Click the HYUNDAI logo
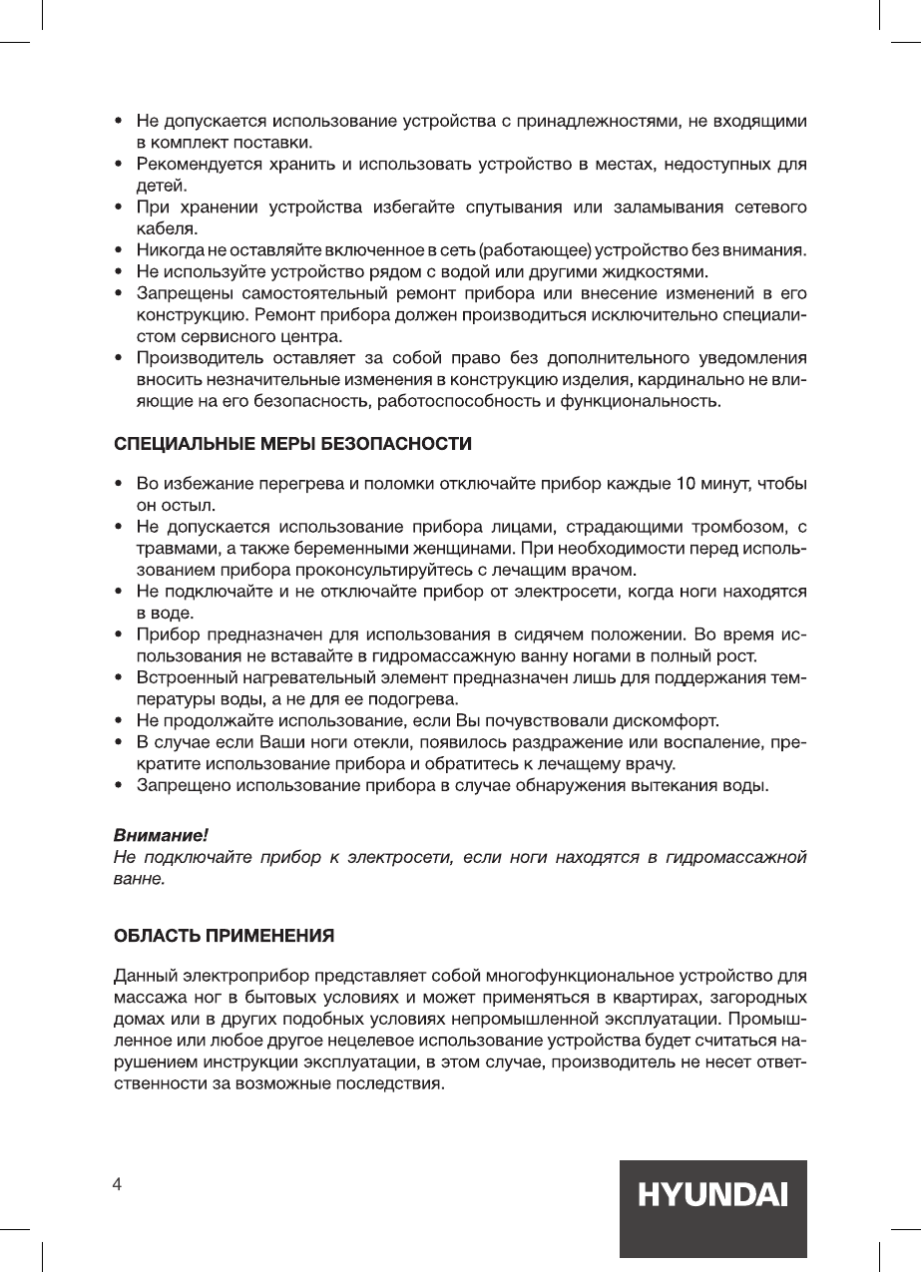[712, 1195]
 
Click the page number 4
[118, 1184]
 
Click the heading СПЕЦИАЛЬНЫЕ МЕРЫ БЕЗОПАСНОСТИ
[292, 442]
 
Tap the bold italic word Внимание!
[160, 833]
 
